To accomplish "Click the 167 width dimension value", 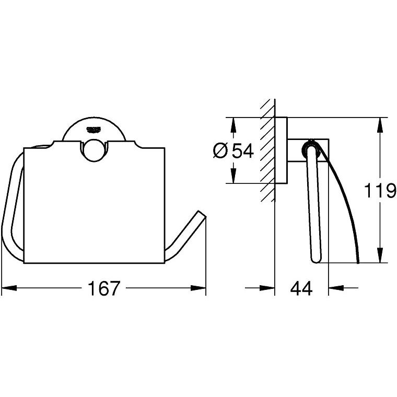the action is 103,288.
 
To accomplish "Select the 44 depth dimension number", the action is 301,288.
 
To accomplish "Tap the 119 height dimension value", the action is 380,190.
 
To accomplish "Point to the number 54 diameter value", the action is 243,151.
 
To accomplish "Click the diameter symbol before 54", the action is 220,151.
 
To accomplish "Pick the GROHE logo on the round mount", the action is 94,130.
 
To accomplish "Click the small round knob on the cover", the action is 94,151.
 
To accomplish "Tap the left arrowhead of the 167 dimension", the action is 9,288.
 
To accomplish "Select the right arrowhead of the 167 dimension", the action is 198,288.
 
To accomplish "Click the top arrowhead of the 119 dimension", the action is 380,125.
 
